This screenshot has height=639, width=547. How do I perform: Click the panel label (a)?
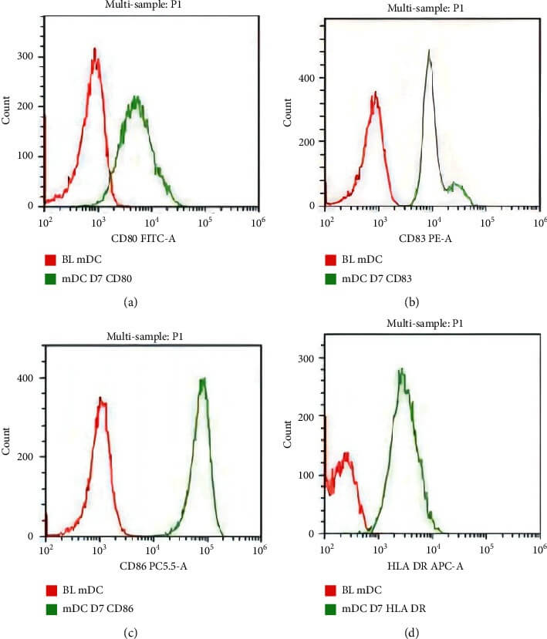tap(130, 304)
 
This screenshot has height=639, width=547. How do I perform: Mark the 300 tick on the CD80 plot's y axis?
tap(32, 56)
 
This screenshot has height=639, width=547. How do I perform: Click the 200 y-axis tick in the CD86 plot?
tap(32, 456)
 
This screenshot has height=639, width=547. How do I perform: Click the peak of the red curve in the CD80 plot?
tap(94, 49)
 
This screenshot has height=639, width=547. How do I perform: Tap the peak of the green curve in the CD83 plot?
tap(429, 51)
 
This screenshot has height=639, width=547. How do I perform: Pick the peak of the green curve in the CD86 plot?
tap(204, 378)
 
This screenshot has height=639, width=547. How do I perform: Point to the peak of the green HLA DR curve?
tap(401, 369)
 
